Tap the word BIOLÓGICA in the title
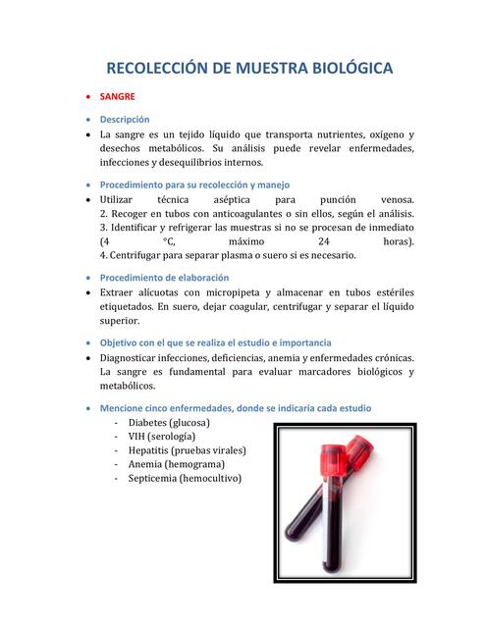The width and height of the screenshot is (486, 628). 347,69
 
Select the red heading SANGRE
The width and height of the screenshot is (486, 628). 119,98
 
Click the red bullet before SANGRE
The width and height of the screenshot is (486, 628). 89,98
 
